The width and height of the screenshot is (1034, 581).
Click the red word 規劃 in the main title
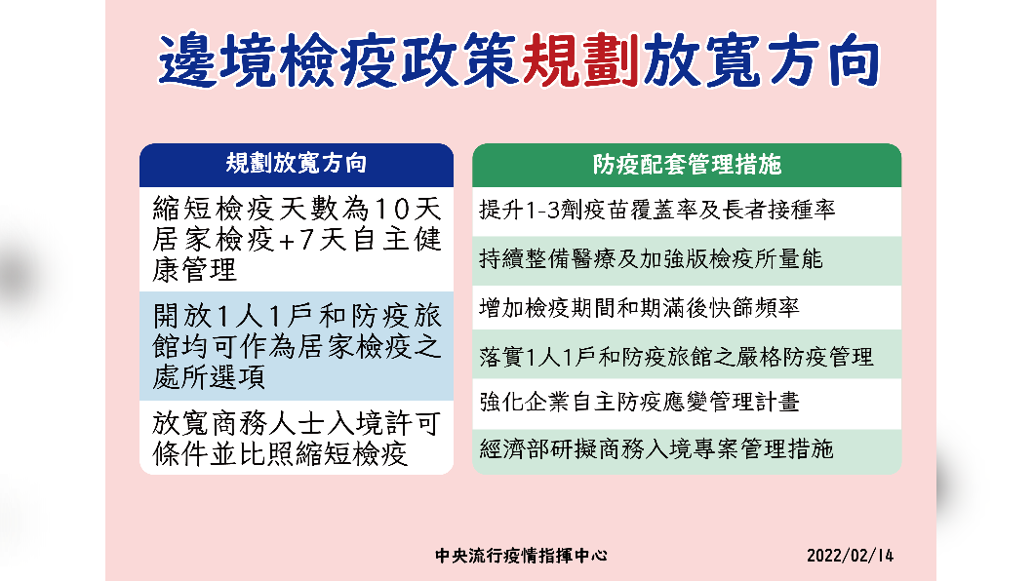click(x=580, y=60)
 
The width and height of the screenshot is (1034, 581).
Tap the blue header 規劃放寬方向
click(x=297, y=163)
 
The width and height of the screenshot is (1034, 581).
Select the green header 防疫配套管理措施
click(x=687, y=164)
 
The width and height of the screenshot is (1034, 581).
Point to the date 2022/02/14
click(x=850, y=556)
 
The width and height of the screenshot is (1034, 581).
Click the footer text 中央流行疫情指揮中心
click(x=521, y=556)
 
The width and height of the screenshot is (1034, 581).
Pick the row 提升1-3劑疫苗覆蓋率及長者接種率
click(x=656, y=211)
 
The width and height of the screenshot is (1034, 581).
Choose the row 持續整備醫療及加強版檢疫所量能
click(x=651, y=259)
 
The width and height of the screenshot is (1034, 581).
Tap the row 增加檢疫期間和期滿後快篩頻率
click(x=639, y=308)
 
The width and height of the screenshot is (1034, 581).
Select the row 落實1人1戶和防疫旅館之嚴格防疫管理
click(x=676, y=357)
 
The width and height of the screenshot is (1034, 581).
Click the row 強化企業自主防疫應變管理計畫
click(x=639, y=402)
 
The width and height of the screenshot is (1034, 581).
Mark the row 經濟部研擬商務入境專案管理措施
click(x=656, y=449)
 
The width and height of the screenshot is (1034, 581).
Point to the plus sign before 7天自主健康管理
click(x=287, y=241)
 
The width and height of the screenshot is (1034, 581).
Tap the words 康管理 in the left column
click(x=194, y=270)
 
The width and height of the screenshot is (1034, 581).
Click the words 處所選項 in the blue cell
click(x=209, y=377)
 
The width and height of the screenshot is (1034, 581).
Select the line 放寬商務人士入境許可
click(x=297, y=423)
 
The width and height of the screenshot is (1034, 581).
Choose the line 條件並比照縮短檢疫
click(x=280, y=454)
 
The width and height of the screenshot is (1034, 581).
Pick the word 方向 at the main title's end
click(x=823, y=60)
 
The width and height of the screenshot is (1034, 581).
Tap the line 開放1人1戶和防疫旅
click(x=297, y=316)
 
